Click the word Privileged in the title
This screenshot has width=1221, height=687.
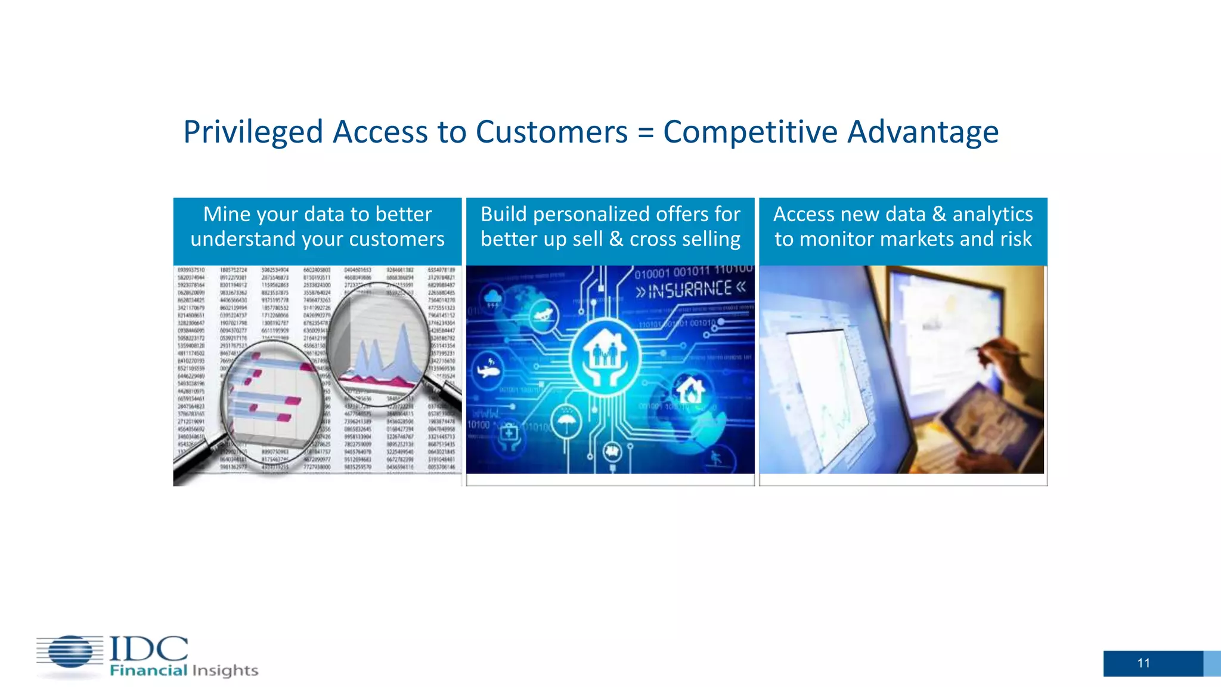click(253, 132)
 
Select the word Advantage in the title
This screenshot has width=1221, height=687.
click(922, 132)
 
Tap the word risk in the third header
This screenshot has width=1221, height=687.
click(1016, 239)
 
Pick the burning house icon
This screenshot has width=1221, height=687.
click(690, 391)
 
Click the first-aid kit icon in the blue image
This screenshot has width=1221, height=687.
click(509, 433)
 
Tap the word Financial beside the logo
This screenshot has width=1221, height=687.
click(148, 671)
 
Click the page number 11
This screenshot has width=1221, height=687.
click(1143, 663)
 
